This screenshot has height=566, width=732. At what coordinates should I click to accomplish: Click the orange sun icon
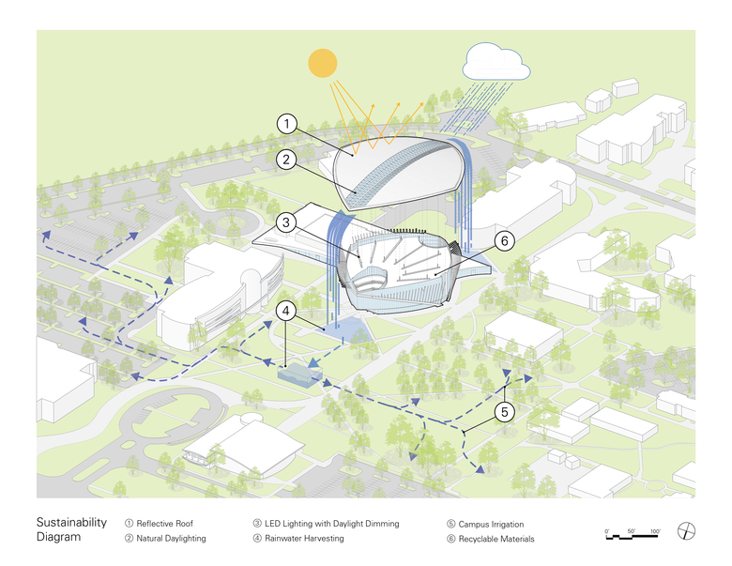click(x=323, y=63)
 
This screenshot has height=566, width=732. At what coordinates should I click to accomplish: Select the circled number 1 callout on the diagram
click(x=289, y=124)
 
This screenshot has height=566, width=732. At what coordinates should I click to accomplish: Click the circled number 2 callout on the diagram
click(x=289, y=160)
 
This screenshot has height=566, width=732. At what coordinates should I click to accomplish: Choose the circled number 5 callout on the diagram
click(x=504, y=410)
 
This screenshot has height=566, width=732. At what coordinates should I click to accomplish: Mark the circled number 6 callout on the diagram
click(x=503, y=241)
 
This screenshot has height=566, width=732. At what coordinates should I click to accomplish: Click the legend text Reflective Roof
click(x=164, y=523)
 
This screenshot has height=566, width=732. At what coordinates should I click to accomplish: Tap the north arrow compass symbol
click(x=689, y=531)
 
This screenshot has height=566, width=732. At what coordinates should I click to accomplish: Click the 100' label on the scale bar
click(x=654, y=531)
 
